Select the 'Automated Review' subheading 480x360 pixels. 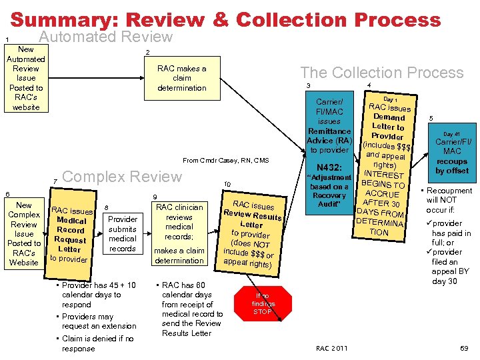pos(105,37)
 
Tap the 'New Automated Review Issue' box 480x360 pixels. pos(26,78)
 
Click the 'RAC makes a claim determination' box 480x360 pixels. pos(181,78)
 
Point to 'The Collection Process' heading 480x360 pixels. pos(381,72)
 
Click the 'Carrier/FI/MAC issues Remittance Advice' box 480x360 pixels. pos(329,125)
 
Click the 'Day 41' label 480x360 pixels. pos(451,134)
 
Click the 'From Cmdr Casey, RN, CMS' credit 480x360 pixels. pos(225,160)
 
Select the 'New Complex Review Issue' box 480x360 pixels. pos(24,233)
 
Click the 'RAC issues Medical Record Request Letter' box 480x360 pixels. pos(71,234)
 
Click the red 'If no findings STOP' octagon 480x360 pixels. pos(263,304)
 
